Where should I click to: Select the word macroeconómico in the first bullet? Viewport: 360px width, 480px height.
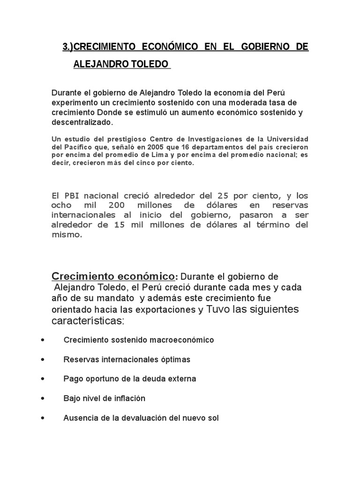click(x=184, y=340)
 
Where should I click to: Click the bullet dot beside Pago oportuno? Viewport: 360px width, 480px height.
click(x=43, y=378)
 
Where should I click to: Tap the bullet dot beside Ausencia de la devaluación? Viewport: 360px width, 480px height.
click(x=43, y=417)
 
